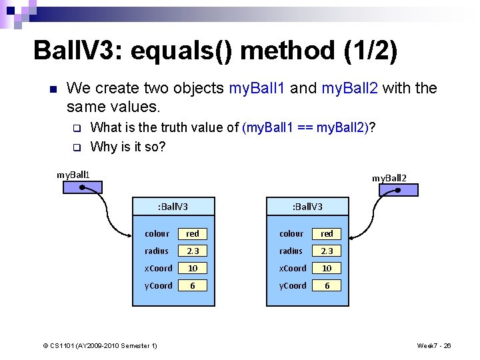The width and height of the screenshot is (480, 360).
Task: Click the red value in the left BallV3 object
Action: pos(193,234)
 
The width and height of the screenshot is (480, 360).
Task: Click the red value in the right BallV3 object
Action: pos(327,234)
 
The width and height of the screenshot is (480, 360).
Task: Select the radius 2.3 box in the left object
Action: pos(193,251)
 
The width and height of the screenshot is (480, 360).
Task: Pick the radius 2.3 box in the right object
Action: pos(327,251)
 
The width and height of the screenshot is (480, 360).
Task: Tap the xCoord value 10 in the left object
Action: pos(193,269)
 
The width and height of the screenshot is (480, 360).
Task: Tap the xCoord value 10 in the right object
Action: pos(327,269)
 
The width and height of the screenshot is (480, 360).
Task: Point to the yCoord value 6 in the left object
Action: pos(193,286)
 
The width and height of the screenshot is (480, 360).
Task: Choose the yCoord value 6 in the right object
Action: pos(327,286)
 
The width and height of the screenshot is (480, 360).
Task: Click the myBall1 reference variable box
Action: pos(83,187)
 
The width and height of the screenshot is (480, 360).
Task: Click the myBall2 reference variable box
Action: pos(398,189)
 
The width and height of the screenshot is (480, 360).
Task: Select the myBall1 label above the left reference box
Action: pos(73,175)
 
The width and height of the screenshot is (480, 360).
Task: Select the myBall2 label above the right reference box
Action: pos(389,178)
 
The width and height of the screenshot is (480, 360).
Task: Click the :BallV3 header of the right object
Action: pos(307,207)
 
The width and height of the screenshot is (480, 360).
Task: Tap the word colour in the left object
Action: pos(157,234)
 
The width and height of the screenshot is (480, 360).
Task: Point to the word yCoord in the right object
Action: pos(292,286)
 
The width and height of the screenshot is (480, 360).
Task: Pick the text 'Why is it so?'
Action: pos(127,147)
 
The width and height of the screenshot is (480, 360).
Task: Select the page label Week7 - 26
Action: pos(434,345)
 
